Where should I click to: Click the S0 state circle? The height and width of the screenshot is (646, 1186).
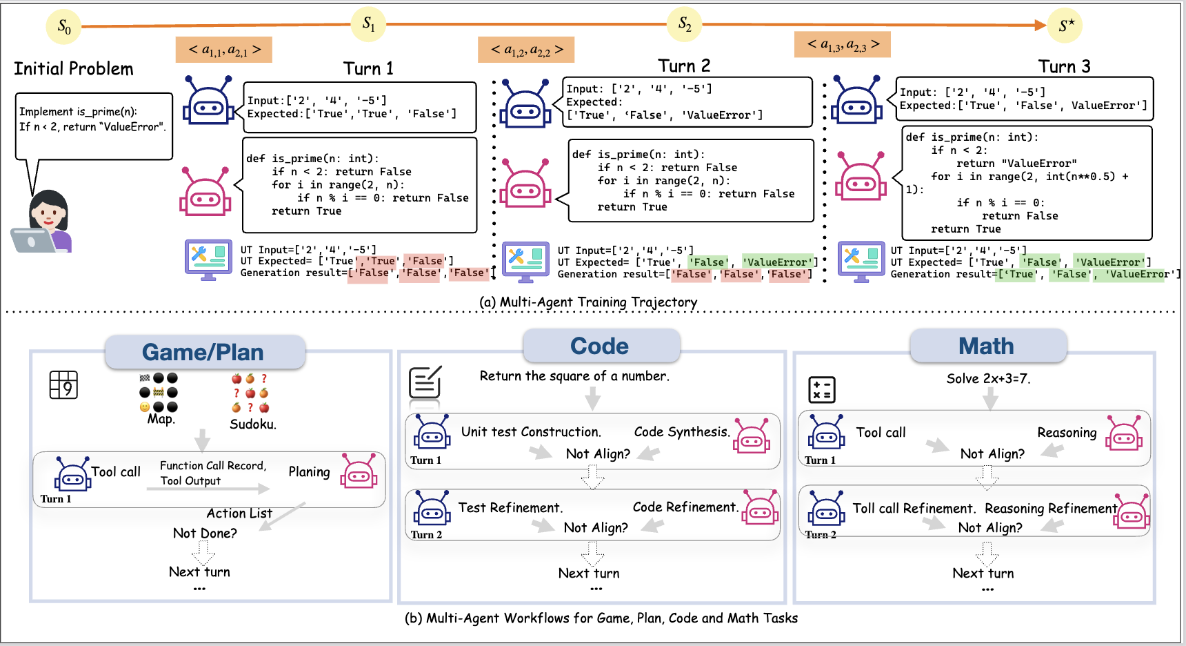click(x=63, y=27)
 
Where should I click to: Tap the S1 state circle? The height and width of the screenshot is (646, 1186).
click(x=369, y=25)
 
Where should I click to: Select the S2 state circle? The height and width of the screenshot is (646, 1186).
click(x=685, y=24)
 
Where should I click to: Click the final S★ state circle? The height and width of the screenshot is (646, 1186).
click(x=1065, y=26)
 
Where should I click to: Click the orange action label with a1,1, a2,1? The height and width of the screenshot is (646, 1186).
click(x=224, y=50)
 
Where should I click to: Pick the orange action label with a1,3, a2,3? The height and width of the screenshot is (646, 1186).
click(x=842, y=45)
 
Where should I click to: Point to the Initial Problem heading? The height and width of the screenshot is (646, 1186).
click(x=74, y=69)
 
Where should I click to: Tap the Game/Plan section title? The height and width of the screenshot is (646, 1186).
click(x=203, y=352)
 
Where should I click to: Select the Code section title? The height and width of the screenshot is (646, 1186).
click(x=599, y=346)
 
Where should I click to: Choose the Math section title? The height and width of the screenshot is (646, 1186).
click(x=986, y=346)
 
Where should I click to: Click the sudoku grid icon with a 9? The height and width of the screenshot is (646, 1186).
click(x=63, y=385)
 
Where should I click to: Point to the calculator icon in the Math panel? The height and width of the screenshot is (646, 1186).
click(x=821, y=389)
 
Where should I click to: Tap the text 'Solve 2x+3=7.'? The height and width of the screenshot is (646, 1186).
click(x=988, y=378)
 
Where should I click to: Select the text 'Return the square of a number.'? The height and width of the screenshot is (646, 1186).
click(x=574, y=376)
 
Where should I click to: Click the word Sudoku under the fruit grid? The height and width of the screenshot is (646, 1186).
click(x=252, y=424)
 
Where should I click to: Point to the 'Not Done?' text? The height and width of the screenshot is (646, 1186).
click(x=205, y=533)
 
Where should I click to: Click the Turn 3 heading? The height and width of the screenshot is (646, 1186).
click(x=1064, y=67)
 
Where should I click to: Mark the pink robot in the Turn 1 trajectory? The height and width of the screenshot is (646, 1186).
click(x=205, y=192)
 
